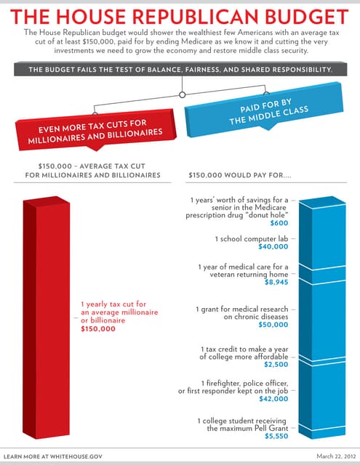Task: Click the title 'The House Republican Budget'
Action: pyautogui.click(x=180, y=16)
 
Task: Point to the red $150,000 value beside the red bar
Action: pyautogui.click(x=98, y=329)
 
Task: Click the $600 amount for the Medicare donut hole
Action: pyautogui.click(x=279, y=224)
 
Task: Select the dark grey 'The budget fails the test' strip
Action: pyautogui.click(x=180, y=69)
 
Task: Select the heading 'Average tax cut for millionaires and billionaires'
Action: pyautogui.click(x=92, y=170)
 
